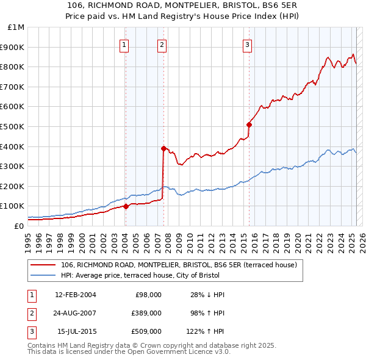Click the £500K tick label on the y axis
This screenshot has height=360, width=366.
[13, 126]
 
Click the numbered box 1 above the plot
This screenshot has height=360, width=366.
[124, 44]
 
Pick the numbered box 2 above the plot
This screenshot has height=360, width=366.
[162, 44]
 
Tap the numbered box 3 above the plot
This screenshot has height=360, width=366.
[247, 44]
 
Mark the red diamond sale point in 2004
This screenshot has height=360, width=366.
[126, 206]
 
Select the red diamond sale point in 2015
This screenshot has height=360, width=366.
[249, 124]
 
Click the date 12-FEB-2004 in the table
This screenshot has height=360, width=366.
[75, 295]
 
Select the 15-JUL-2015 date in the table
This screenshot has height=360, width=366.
[76, 331]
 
